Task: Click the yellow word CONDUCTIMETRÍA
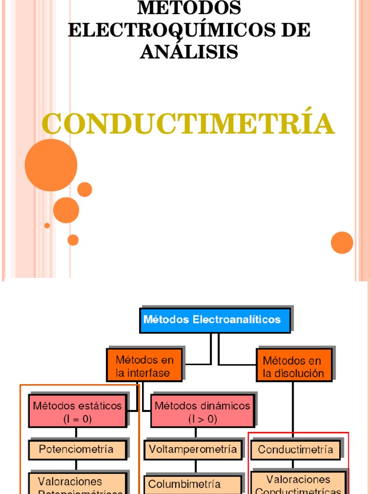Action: tap(188, 124)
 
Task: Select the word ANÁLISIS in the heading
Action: tap(189, 52)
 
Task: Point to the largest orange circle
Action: tap(51, 165)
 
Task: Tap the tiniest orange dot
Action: tap(47, 225)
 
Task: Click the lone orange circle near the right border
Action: tap(342, 242)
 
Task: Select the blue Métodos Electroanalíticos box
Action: tap(215, 320)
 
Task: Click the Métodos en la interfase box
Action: tap(144, 366)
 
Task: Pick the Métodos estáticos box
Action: tap(77, 411)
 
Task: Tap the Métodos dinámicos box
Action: tap(202, 411)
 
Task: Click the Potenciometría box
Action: tap(77, 449)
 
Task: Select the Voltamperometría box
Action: tap(193, 450)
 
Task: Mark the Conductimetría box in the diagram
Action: tap(295, 450)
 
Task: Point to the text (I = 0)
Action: tap(77, 419)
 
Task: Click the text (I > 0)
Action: tap(202, 419)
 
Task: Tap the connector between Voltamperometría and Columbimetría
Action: tap(196, 467)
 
